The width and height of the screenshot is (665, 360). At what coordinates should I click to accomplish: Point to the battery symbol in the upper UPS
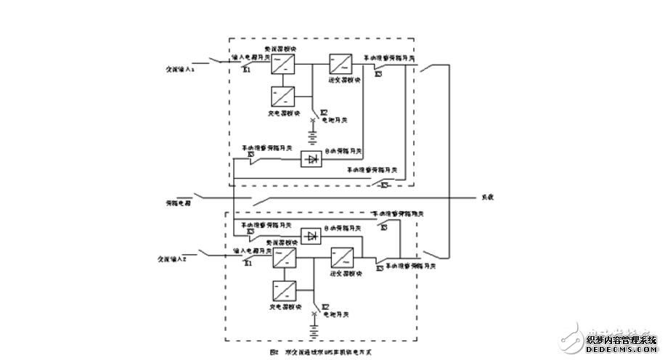point(313,137)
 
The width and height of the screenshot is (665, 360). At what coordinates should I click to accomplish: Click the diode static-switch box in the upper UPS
point(311,158)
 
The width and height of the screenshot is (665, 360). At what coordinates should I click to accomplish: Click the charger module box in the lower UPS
point(283,291)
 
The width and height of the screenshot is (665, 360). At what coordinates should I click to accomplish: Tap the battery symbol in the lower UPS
point(313,332)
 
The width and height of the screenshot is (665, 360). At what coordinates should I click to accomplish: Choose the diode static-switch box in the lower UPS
point(311,236)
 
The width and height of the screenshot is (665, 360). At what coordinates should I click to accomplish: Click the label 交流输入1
point(178,69)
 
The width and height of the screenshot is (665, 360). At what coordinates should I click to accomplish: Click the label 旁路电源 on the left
point(179,202)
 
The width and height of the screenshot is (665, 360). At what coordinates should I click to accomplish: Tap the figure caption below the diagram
point(318,352)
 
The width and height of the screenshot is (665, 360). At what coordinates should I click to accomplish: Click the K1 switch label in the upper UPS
point(247,70)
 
